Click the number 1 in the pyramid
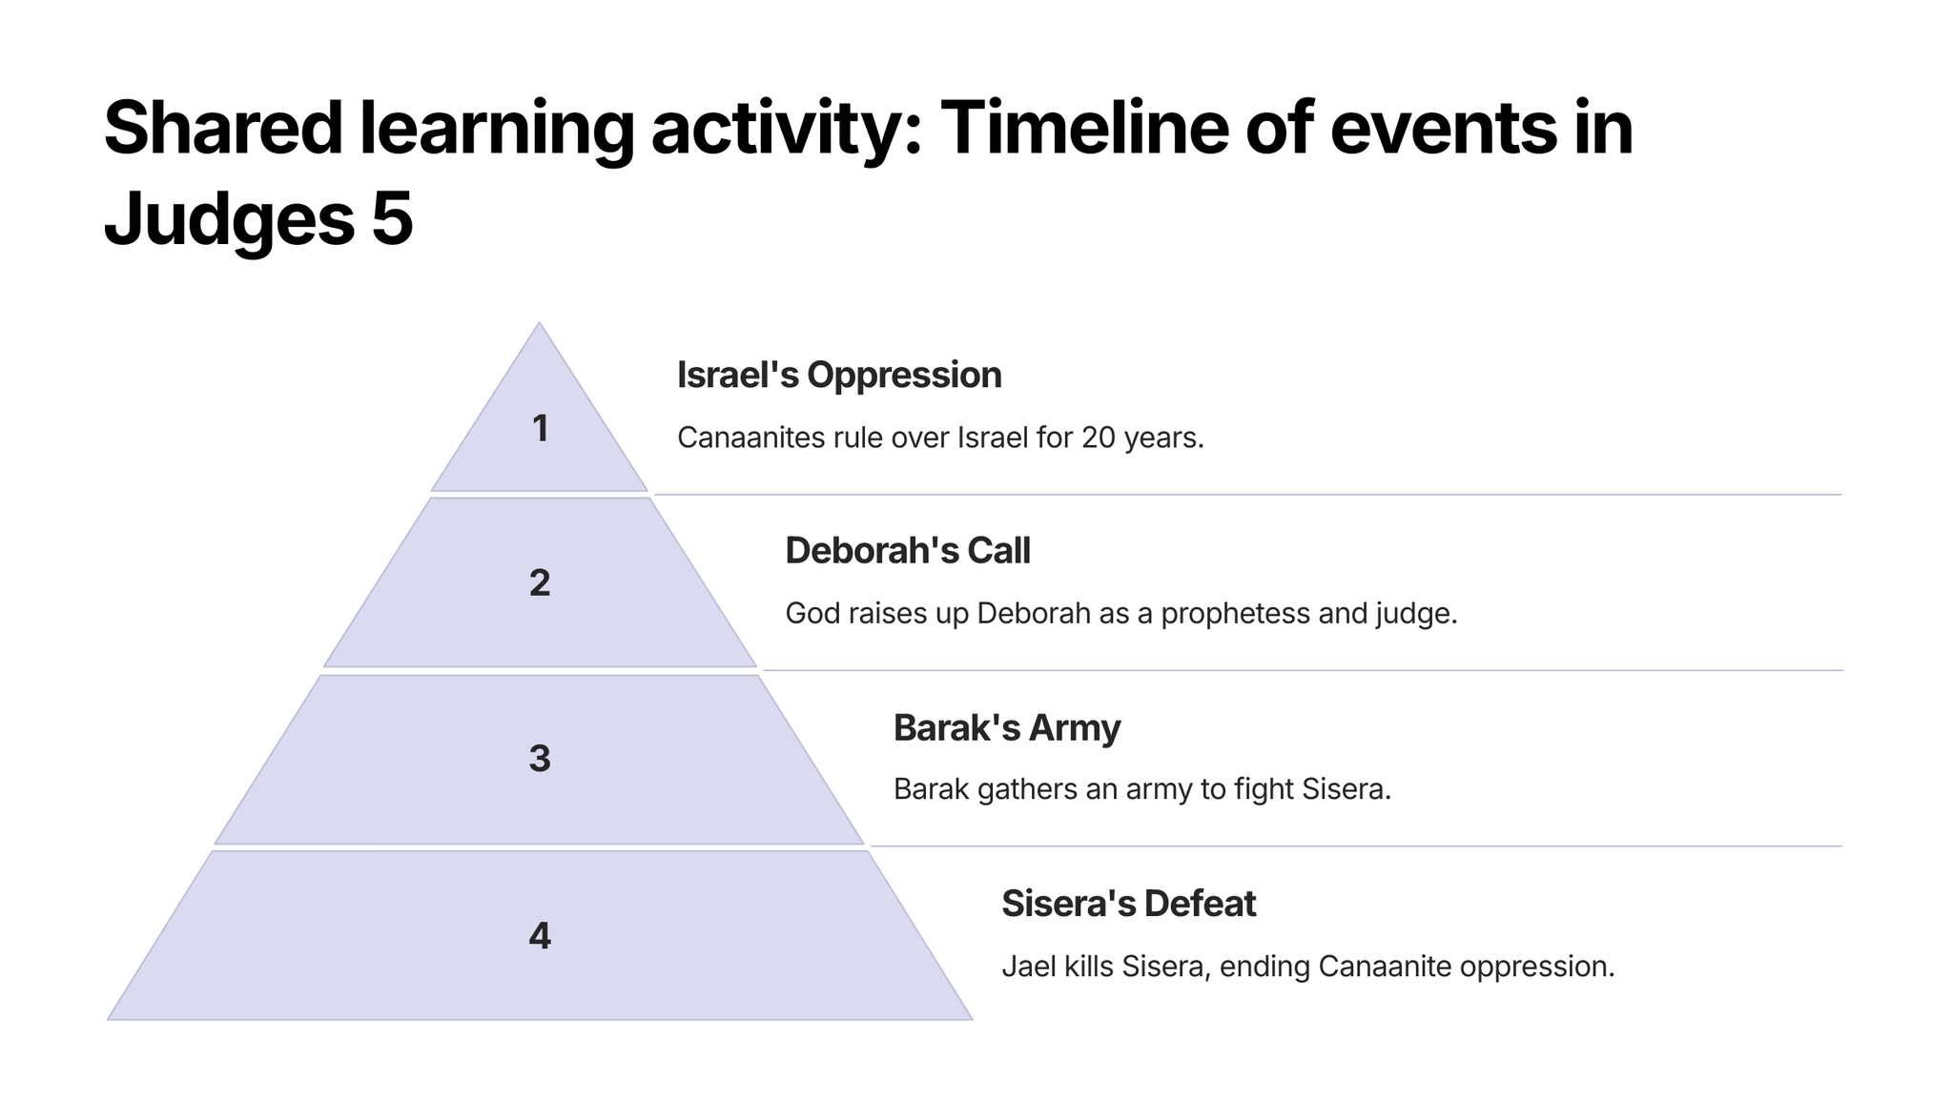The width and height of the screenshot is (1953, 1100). coord(541,429)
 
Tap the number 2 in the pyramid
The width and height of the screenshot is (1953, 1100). coord(540,583)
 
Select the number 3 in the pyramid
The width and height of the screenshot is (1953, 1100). coord(540,759)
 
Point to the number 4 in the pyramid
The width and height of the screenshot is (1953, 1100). coord(540,936)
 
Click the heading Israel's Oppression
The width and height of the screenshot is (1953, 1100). coord(839,376)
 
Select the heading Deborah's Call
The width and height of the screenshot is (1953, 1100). coord(908,551)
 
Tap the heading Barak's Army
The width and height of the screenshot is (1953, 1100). coord(1007,728)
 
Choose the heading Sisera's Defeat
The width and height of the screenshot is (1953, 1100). coord(1129,904)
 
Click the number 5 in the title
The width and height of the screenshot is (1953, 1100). coord(393,219)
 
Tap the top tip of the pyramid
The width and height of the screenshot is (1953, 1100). coord(540,322)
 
